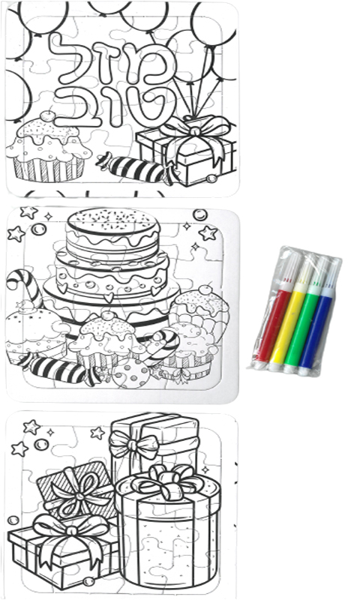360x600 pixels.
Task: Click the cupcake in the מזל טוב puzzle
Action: point(49,146)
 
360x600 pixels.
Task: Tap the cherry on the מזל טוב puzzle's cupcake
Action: point(47,116)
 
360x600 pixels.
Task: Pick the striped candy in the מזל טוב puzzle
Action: point(138,168)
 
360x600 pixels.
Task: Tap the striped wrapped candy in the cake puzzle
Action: point(58,368)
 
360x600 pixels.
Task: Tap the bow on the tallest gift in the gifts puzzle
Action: point(134,445)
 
